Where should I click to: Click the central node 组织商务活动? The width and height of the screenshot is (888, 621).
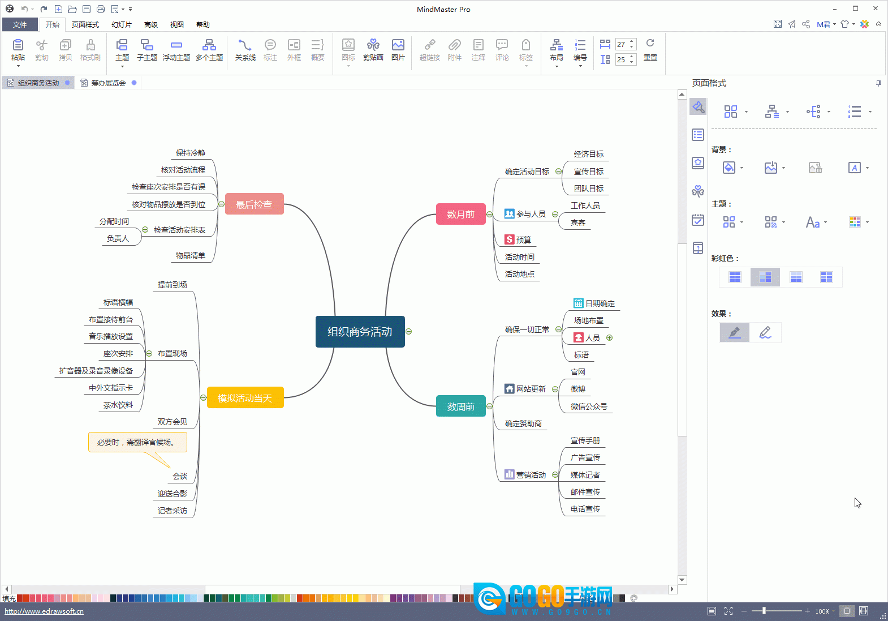360,331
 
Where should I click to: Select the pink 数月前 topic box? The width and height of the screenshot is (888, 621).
460,215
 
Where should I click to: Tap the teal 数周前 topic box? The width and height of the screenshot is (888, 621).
460,406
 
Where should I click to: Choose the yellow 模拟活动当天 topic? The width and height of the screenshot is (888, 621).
245,397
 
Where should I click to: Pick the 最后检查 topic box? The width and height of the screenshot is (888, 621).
254,204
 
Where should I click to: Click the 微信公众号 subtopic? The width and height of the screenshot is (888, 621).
589,406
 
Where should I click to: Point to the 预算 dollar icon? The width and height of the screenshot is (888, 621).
509,239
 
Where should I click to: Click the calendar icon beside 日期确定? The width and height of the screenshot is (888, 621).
578,303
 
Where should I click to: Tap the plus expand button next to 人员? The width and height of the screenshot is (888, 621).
610,338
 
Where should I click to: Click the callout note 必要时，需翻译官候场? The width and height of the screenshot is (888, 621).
137,442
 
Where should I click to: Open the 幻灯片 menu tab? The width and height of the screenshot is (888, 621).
121,24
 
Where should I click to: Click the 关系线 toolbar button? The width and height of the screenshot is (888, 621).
245,50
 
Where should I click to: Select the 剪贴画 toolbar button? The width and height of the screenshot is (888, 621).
373,50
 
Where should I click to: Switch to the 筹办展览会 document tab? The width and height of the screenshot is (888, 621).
108,83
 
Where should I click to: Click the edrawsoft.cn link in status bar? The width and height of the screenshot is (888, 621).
44,611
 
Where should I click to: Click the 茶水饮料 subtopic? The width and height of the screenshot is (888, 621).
118,405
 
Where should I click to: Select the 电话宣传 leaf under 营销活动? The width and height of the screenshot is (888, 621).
585,509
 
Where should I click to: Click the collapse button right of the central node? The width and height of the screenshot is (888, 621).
409,331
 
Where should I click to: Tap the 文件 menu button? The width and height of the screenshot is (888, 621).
20,24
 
